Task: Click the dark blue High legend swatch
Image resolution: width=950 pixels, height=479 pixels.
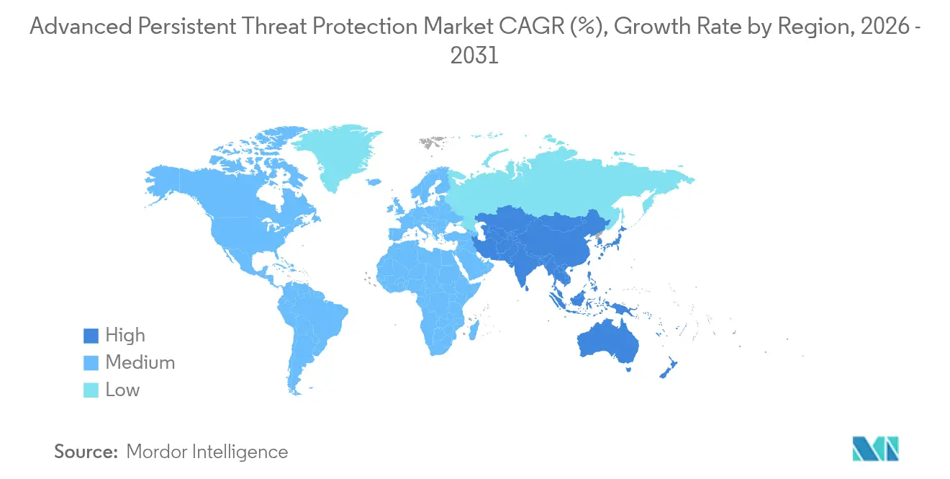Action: (89, 335)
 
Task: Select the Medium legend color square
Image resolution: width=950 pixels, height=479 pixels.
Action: (89, 362)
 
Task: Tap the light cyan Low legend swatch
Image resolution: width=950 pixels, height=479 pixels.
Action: (89, 390)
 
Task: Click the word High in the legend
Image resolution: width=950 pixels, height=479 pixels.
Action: (125, 335)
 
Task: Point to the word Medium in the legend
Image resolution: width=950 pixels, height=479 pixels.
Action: (140, 362)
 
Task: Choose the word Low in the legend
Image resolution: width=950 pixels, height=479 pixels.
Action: (122, 390)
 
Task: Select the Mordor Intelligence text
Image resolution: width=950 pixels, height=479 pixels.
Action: (207, 452)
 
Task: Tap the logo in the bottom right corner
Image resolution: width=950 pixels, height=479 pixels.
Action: (875, 449)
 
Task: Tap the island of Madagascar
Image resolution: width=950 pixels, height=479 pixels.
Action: (474, 331)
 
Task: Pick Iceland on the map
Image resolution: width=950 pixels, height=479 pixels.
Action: (373, 183)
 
